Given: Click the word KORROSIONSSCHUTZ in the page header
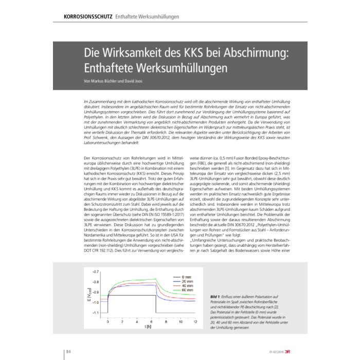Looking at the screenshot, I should pyautogui.click(x=88, y=16).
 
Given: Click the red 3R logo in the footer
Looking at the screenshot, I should pyautogui.click(x=291, y=352).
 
